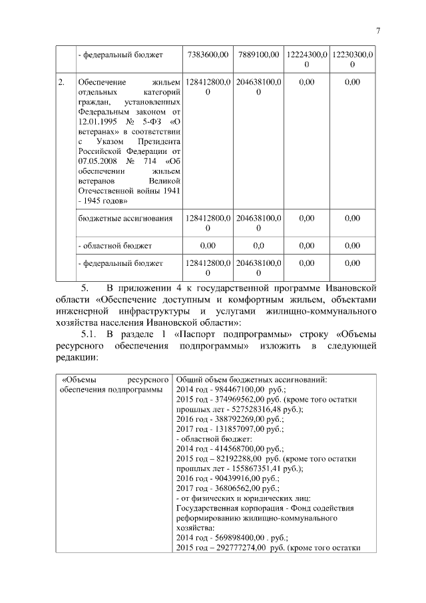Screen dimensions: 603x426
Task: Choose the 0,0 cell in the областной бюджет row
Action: (258, 245)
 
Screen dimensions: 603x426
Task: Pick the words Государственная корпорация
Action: (218, 508)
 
